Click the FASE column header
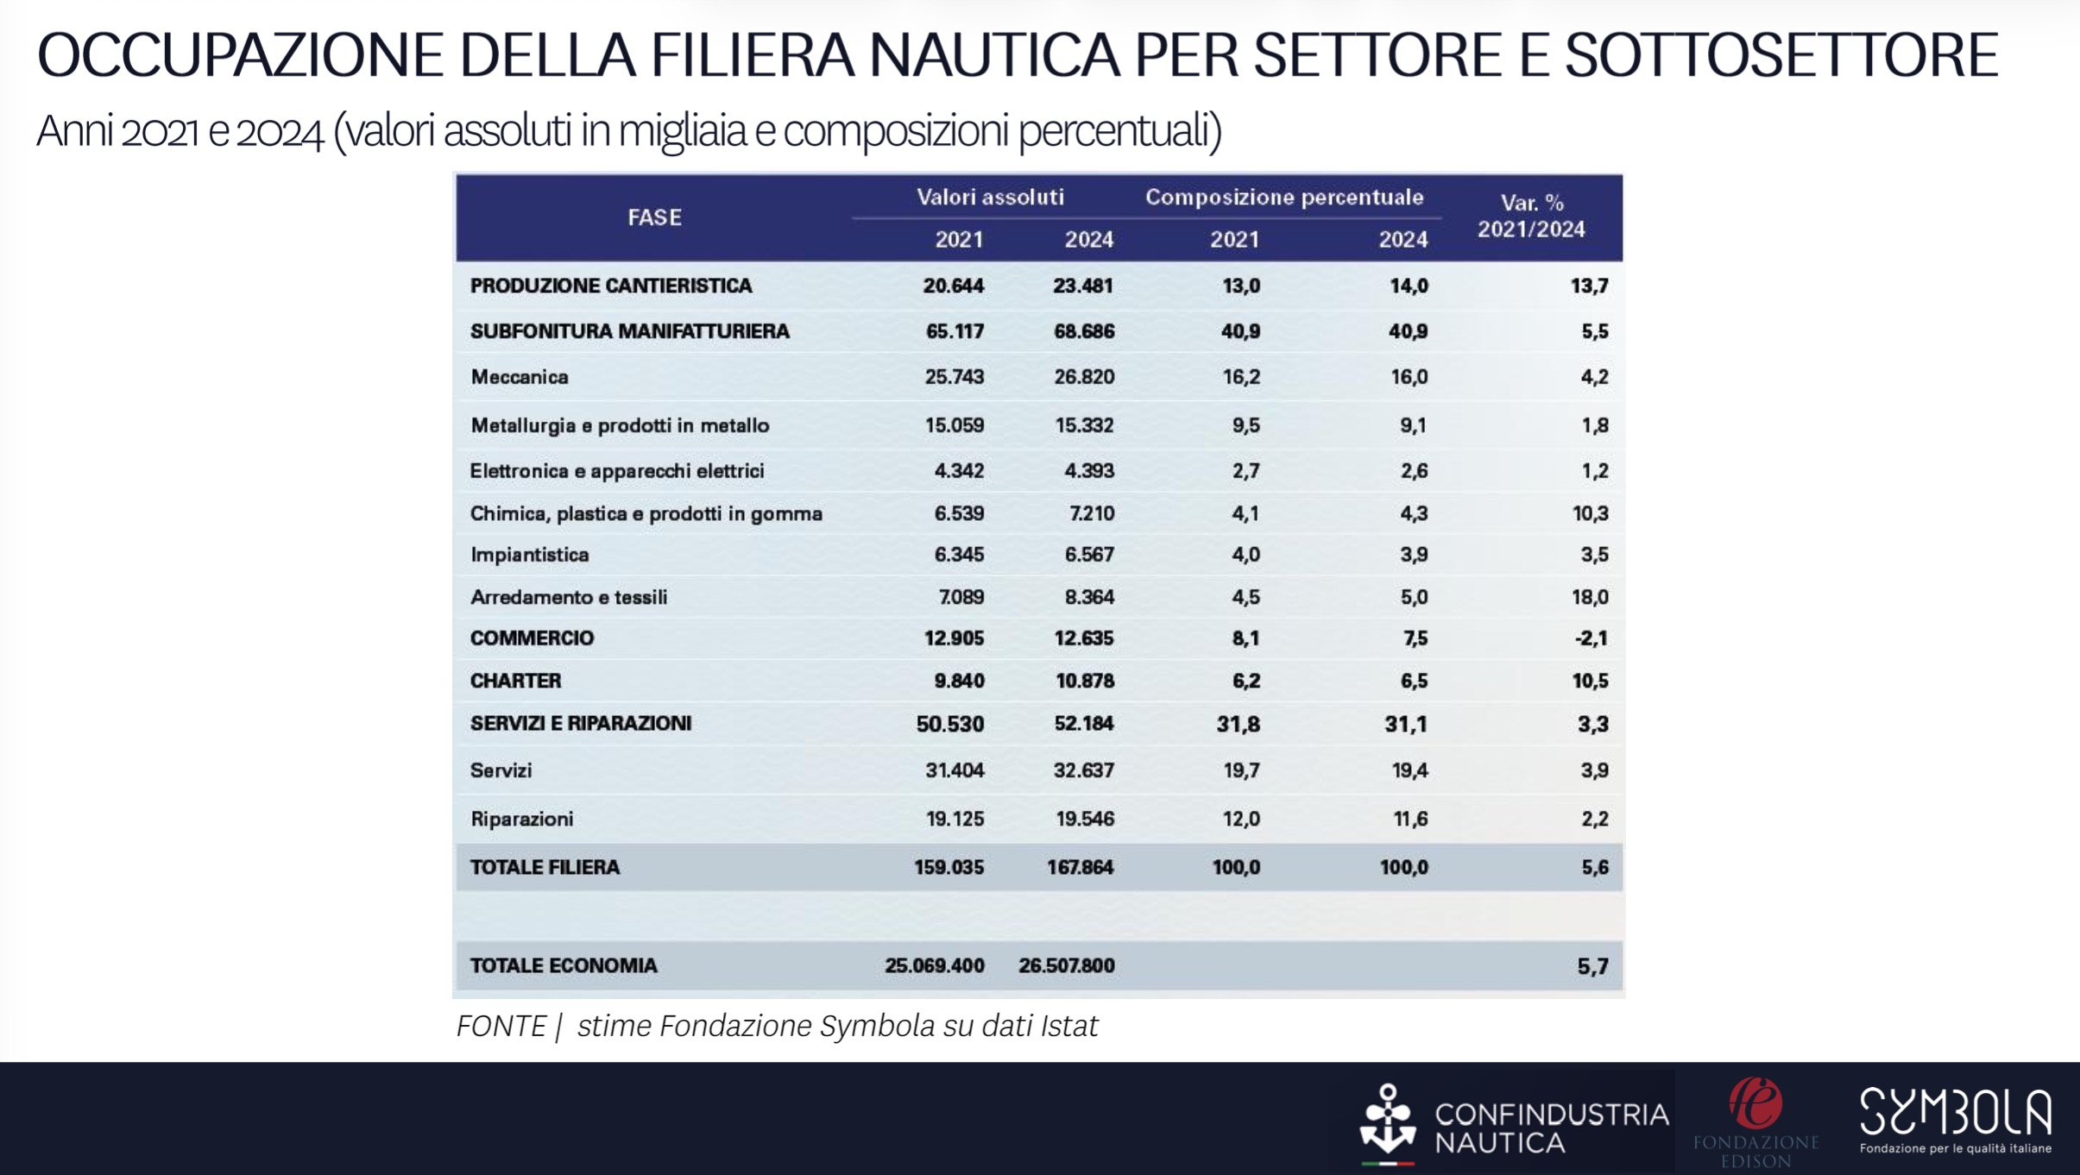(x=654, y=217)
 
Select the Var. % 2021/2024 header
(x=1531, y=216)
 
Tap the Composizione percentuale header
(x=1284, y=197)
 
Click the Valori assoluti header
(x=990, y=197)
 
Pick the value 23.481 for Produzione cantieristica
(x=1082, y=286)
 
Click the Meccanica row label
(x=520, y=377)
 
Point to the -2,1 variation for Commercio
(x=1591, y=638)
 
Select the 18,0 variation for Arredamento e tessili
(x=1590, y=597)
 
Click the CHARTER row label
(x=515, y=681)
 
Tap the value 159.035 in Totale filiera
(x=949, y=867)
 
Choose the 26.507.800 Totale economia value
(x=1066, y=965)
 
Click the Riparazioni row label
(x=521, y=819)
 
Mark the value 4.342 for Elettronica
(x=959, y=471)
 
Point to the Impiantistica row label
(x=529, y=555)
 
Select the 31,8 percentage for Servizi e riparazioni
(x=1238, y=724)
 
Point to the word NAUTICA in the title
(x=993, y=55)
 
